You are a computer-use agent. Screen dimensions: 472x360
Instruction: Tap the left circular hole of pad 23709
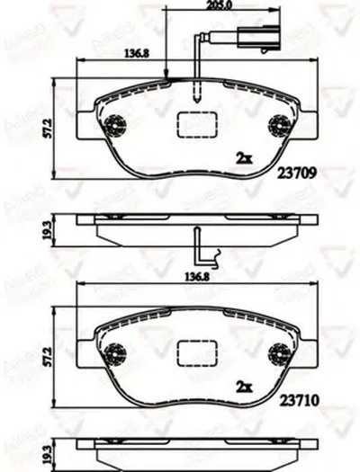(114, 127)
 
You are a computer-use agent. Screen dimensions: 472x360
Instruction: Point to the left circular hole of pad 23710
(114, 354)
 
